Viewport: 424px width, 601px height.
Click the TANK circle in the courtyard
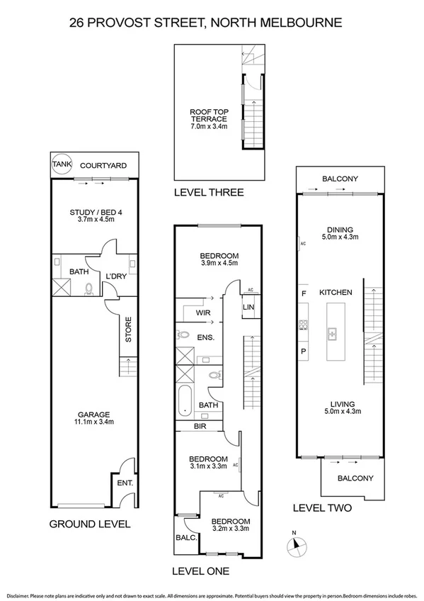pos(62,164)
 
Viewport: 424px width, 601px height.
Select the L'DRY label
pos(115,276)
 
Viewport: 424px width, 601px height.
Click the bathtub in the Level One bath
pos(185,401)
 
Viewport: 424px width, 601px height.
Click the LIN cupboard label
pos(248,306)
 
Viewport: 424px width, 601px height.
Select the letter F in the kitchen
pos(304,293)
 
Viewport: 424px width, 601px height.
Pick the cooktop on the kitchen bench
pos(304,326)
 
